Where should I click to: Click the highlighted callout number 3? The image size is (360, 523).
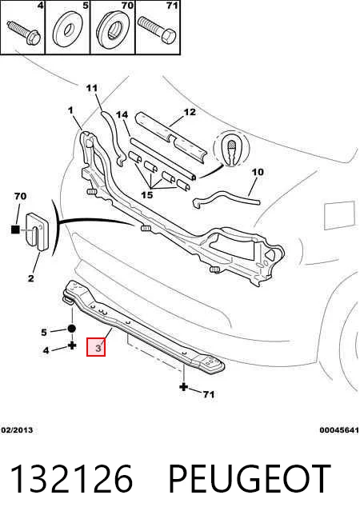click(96, 347)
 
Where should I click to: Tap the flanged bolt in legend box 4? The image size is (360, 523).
click(23, 32)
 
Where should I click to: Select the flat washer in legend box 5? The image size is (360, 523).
click(68, 30)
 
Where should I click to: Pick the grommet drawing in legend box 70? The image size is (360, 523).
click(114, 30)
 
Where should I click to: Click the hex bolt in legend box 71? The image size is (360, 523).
click(157, 31)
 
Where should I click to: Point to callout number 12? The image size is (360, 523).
click(190, 112)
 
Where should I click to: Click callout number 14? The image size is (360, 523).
click(122, 114)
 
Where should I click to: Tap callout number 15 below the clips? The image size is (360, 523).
click(147, 194)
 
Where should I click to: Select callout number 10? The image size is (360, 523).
click(258, 172)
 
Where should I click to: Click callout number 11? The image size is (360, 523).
click(92, 88)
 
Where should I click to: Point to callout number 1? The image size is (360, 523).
click(70, 110)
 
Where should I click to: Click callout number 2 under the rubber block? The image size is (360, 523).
click(30, 277)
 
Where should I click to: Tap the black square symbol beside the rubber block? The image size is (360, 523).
click(15, 230)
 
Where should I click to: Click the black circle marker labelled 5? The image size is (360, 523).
click(72, 329)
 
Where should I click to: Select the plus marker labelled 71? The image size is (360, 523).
click(183, 387)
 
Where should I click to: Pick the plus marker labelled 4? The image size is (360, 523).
click(72, 345)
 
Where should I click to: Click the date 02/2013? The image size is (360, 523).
click(17, 430)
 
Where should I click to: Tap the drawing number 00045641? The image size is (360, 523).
click(339, 430)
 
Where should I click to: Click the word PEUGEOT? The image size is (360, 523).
click(250, 479)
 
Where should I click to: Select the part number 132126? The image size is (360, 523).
click(72, 479)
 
